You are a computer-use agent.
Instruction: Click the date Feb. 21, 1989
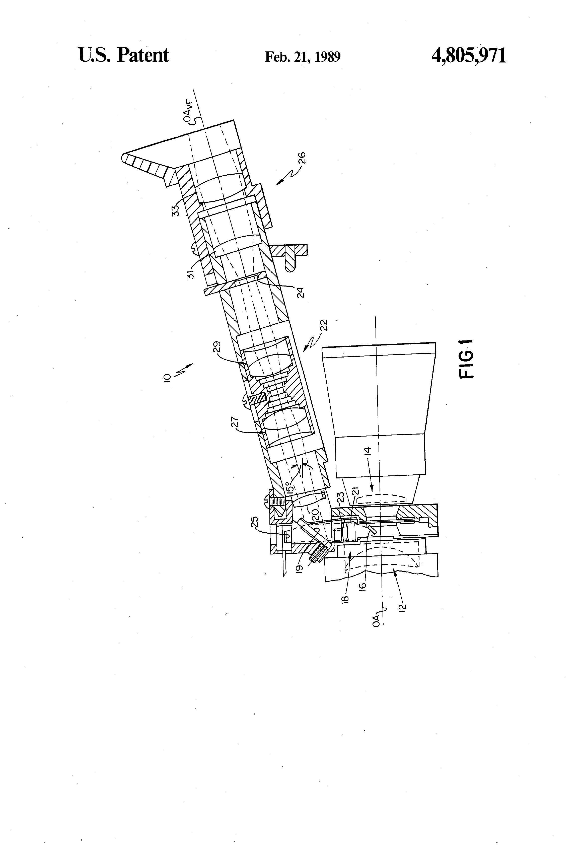(302, 57)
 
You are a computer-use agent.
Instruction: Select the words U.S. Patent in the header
(124, 55)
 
